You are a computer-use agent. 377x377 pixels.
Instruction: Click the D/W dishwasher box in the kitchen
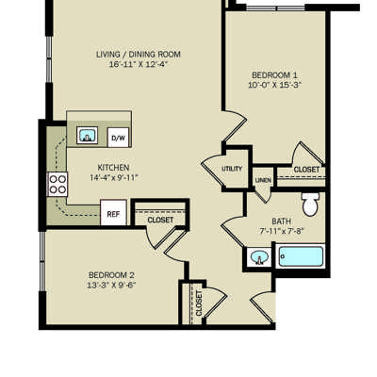(x=119, y=138)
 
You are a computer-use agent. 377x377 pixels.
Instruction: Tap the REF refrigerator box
(x=113, y=213)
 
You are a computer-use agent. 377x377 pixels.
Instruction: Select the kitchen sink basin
(x=88, y=135)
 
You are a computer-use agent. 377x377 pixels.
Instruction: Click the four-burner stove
(x=57, y=184)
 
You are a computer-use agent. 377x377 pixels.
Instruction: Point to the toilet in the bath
(x=310, y=204)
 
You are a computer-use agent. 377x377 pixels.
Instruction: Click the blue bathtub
(x=301, y=256)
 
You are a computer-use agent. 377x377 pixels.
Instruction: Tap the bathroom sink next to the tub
(x=259, y=257)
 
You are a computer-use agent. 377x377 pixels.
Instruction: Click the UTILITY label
(x=232, y=169)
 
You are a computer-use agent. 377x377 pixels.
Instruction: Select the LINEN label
(x=263, y=180)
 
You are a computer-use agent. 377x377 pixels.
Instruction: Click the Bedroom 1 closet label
(x=306, y=170)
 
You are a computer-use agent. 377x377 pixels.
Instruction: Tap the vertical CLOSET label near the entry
(x=199, y=303)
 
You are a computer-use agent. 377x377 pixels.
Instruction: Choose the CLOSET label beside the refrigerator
(x=160, y=220)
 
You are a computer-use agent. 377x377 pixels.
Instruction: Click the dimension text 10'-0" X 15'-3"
(x=275, y=85)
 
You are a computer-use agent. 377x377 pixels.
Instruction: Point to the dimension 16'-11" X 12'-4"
(x=139, y=64)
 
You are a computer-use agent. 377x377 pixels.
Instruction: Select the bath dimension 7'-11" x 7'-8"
(x=282, y=231)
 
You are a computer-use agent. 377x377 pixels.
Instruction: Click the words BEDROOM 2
(x=111, y=275)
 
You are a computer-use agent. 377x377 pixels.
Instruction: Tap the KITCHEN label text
(x=113, y=168)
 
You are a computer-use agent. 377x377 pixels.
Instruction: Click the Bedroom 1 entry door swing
(x=235, y=126)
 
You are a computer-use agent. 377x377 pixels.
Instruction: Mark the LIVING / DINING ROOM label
(x=139, y=55)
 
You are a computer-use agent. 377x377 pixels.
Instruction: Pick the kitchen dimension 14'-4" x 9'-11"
(x=114, y=177)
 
